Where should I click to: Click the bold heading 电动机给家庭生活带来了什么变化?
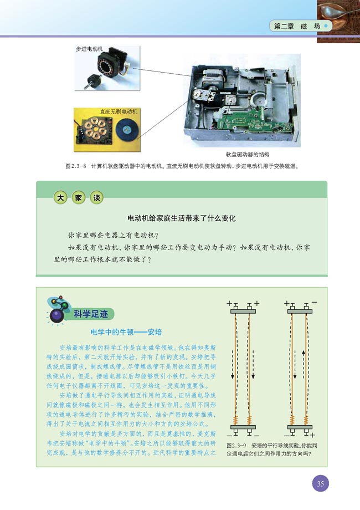(182, 218)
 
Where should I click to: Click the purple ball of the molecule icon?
(56, 317)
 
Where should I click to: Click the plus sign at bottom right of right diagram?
(312, 435)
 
